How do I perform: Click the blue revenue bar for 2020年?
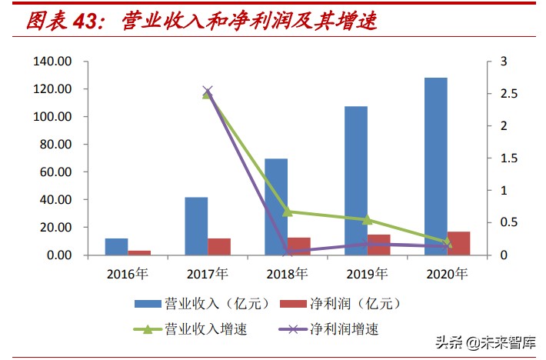tap(436, 166)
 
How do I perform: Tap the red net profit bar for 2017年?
tap(219, 246)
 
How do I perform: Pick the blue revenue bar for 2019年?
tap(356, 180)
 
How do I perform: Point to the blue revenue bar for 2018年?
tap(276, 206)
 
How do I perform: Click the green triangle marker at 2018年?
tap(287, 211)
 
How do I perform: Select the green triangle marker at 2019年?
tap(367, 219)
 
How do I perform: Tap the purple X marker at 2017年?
tap(207, 91)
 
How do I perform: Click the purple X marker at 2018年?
tap(287, 251)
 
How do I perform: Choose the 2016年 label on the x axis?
tap(128, 273)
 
